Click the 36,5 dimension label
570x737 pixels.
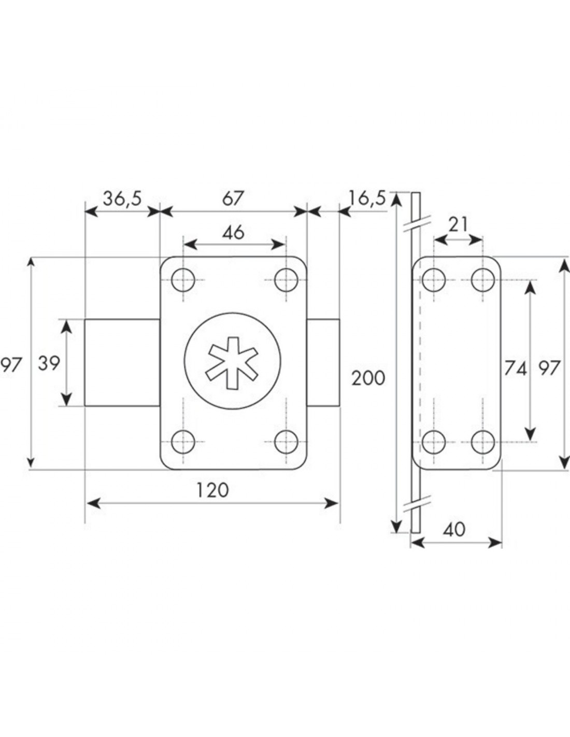(x=122, y=199)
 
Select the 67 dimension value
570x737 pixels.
(x=233, y=199)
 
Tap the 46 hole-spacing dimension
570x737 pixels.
(x=234, y=233)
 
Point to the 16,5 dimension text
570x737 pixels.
(x=367, y=198)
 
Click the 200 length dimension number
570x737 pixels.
(x=368, y=378)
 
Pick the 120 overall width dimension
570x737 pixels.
(x=212, y=490)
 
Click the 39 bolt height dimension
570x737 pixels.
(x=49, y=363)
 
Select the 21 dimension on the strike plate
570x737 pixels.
(x=458, y=225)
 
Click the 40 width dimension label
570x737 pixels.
(x=454, y=530)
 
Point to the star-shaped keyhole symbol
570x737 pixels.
(x=233, y=363)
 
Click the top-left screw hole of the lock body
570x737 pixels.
(x=183, y=280)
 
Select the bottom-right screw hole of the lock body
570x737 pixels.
(x=286, y=442)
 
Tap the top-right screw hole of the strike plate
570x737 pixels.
(x=483, y=280)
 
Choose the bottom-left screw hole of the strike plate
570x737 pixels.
(x=434, y=442)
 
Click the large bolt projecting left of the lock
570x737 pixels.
(x=122, y=362)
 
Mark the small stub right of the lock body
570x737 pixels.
(x=323, y=362)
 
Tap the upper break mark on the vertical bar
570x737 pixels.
(x=417, y=223)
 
